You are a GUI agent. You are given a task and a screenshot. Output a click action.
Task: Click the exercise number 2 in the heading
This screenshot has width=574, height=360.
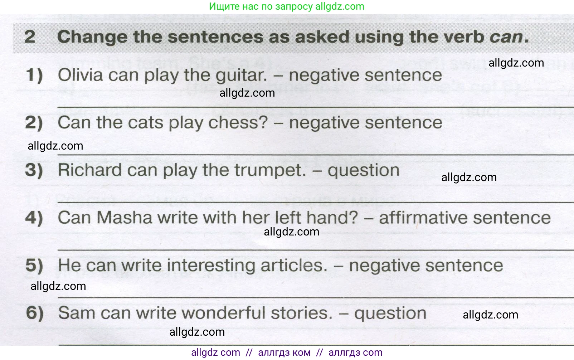tap(30, 37)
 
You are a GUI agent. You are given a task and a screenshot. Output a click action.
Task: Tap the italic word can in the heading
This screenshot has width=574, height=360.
tap(506, 37)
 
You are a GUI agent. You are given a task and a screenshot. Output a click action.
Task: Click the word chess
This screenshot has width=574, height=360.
tap(238, 122)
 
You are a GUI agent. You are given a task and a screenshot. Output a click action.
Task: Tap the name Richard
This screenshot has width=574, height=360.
tap(90, 170)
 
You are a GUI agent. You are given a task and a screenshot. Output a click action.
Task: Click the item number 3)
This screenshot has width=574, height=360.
tap(34, 170)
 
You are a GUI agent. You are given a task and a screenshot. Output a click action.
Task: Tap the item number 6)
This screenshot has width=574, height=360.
tap(35, 313)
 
